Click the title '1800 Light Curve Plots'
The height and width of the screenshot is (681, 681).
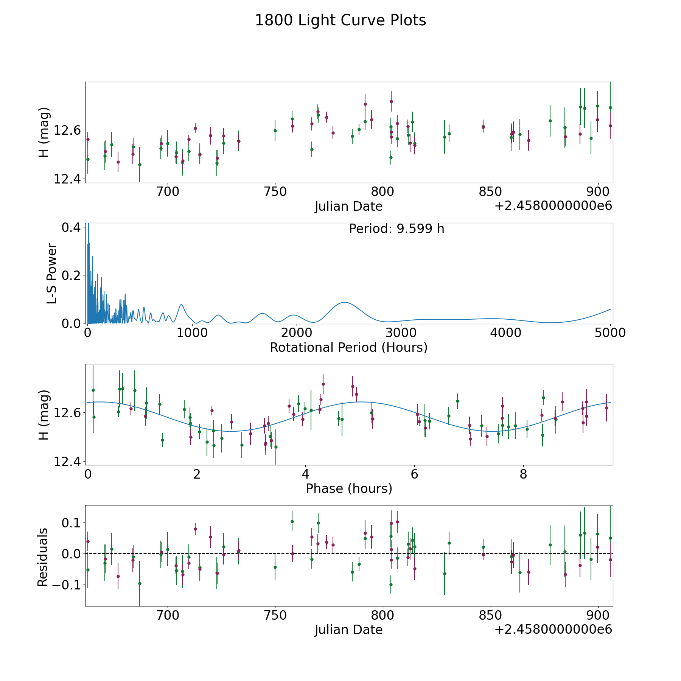tap(340, 20)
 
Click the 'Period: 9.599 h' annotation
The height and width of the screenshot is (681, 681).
tap(396, 229)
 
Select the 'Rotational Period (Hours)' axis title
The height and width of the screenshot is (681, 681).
tap(348, 347)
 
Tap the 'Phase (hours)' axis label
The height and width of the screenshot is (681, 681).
tap(349, 488)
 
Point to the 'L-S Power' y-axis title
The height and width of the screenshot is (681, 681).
tap(52, 273)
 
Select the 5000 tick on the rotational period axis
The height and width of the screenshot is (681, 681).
tap(610, 333)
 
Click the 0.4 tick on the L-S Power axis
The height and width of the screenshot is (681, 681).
tap(71, 227)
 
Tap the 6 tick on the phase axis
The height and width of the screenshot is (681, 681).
tap(414, 474)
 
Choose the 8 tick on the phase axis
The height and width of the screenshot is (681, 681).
tap(523, 474)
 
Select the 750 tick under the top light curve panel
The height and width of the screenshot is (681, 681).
tap(275, 191)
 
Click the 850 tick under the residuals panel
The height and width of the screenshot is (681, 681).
tap(490, 615)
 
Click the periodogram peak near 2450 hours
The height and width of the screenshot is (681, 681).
tap(344, 303)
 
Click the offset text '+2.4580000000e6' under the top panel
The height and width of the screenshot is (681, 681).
tap(553, 206)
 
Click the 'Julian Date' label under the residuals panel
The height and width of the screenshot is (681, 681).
tap(348, 630)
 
